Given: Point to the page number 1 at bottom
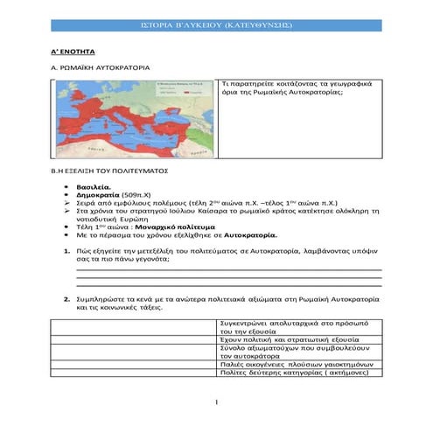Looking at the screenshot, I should pyautogui.click(x=216, y=402).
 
